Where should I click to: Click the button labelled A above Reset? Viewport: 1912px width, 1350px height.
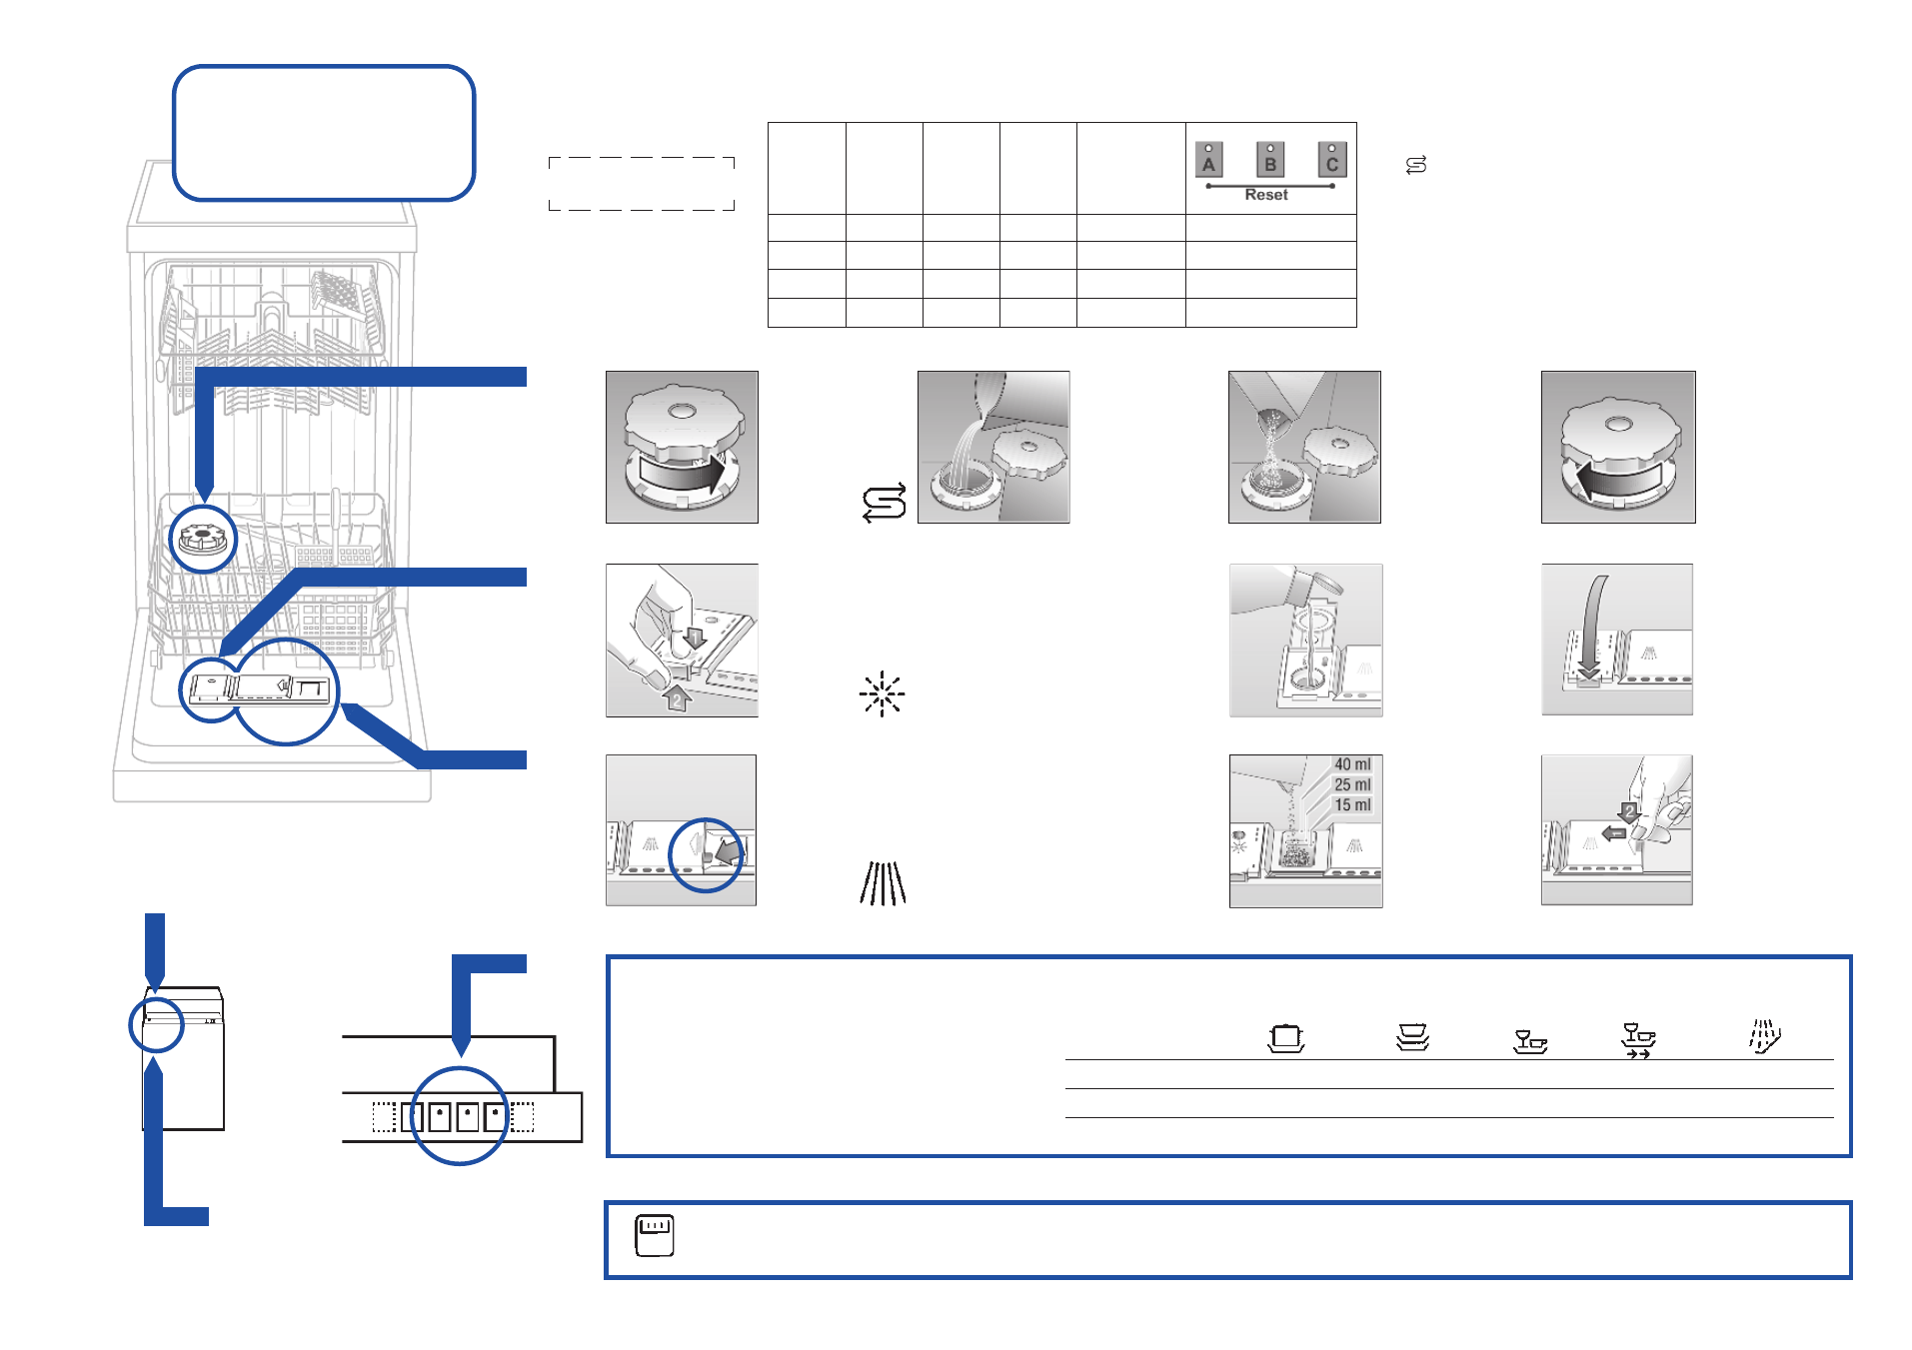pos(1208,160)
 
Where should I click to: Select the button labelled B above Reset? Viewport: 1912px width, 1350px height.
pos(1270,160)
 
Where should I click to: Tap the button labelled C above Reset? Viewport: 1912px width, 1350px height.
pos(1331,160)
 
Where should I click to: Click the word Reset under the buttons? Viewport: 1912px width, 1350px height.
pos(1266,195)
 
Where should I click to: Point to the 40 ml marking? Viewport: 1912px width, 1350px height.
pos(1352,764)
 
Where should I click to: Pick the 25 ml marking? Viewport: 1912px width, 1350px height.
pos(1352,784)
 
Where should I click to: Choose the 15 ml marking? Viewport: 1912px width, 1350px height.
pos(1352,805)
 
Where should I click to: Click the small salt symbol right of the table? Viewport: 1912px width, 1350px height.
pos(1416,165)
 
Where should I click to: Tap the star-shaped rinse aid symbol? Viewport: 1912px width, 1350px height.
pos(882,694)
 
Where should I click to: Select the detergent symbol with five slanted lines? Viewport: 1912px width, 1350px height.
pos(884,883)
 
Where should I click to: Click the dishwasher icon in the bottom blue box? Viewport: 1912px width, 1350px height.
pos(655,1236)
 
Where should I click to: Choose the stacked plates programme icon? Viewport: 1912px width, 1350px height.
pos(1412,1037)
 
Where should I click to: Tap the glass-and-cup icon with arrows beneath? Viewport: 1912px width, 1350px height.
pos(1638,1040)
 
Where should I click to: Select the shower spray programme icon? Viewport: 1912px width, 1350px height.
pos(1764,1036)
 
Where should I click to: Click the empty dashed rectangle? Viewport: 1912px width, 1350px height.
pos(642,184)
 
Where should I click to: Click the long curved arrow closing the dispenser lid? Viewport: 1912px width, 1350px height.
pos(1593,625)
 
